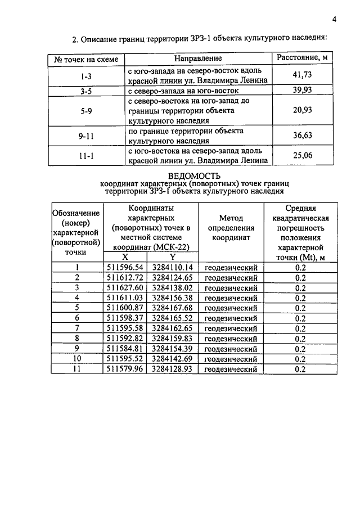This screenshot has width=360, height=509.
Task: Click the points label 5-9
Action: tap(86, 111)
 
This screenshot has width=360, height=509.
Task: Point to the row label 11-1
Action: tap(86, 155)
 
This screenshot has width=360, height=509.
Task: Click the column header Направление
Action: tap(197, 58)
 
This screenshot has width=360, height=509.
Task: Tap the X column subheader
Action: tap(125, 256)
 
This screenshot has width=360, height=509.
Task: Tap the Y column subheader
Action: tap(172, 256)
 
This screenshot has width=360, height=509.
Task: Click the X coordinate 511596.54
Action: tap(125, 268)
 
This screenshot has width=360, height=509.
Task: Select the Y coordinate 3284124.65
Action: tap(172, 278)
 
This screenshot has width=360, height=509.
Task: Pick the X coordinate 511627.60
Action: tap(125, 288)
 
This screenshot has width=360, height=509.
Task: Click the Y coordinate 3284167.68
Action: tap(172, 308)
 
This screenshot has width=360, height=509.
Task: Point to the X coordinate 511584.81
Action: tap(125, 349)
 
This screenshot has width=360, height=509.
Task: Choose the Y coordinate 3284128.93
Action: tap(172, 369)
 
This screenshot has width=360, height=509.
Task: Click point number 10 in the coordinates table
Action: tap(77, 359)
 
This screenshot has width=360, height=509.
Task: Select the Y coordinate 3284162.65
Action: tap(172, 328)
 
